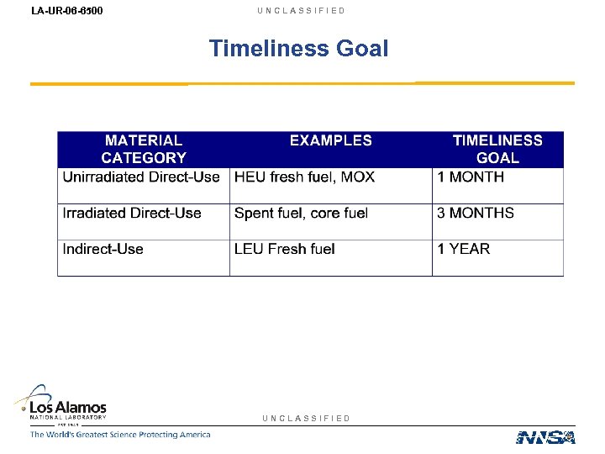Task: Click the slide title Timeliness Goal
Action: [298, 48]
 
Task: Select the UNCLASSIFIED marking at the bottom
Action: [306, 418]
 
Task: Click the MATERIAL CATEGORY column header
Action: [144, 149]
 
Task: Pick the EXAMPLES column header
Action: [330, 141]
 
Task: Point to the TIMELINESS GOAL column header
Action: [497, 149]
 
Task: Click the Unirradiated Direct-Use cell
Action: [141, 177]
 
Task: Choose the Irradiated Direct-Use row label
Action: [132, 214]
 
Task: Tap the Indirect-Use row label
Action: [103, 249]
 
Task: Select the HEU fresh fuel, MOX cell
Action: [304, 177]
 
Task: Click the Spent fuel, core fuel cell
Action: [301, 214]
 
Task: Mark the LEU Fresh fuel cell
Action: [285, 249]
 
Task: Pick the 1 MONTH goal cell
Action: [471, 177]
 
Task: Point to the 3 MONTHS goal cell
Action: [476, 214]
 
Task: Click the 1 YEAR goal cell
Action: [464, 249]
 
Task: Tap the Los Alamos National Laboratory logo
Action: [63, 404]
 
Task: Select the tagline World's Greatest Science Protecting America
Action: [120, 435]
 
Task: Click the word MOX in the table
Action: [357, 177]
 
